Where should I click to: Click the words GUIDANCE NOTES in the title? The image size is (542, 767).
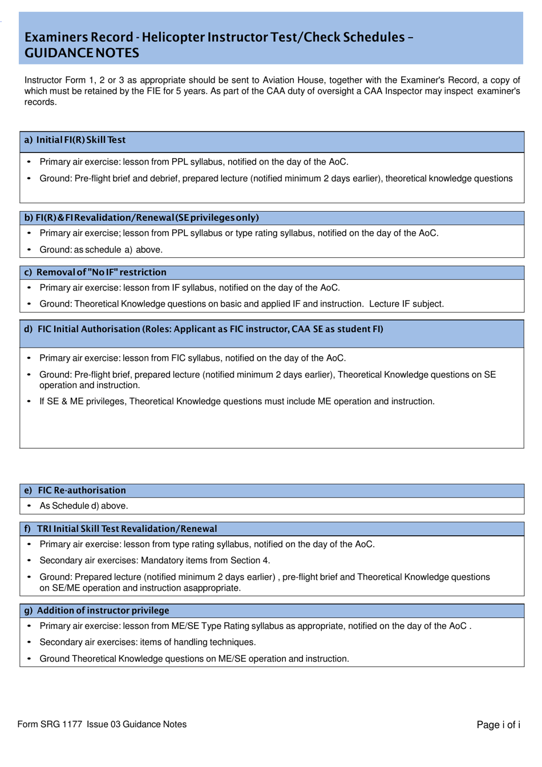[x=82, y=53]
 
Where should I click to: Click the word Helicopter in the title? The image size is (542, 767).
[x=173, y=37]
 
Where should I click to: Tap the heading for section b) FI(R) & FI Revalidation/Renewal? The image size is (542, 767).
[x=141, y=217]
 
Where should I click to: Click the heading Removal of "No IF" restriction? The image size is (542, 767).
[x=101, y=272]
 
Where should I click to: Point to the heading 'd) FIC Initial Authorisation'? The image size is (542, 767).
[x=203, y=329]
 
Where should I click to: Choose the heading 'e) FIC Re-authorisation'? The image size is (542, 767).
[x=75, y=490]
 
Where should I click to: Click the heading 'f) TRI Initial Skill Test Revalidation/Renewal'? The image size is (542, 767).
[x=121, y=528]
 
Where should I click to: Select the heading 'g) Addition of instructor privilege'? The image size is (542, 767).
[x=96, y=610]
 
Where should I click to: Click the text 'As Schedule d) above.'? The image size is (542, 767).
[x=84, y=506]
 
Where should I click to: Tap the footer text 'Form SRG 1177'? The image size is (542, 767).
[x=50, y=724]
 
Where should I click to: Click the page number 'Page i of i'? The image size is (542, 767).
[x=498, y=725]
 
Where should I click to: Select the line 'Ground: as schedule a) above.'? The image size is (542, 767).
[x=101, y=249]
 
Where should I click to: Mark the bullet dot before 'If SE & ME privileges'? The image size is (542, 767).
[x=29, y=401]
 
